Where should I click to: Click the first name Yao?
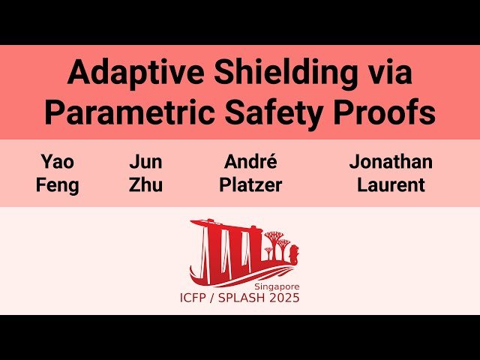tap(58, 162)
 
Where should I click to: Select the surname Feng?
tap(58, 184)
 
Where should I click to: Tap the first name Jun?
tap(145, 162)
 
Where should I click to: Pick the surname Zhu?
tap(145, 184)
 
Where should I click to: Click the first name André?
tap(250, 162)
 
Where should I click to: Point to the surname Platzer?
tap(250, 184)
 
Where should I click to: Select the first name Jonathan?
tap(391, 162)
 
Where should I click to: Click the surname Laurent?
tap(391, 184)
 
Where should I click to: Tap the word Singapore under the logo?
tap(276, 287)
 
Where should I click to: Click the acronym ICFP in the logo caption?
tap(196, 298)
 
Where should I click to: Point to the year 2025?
tap(285, 298)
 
